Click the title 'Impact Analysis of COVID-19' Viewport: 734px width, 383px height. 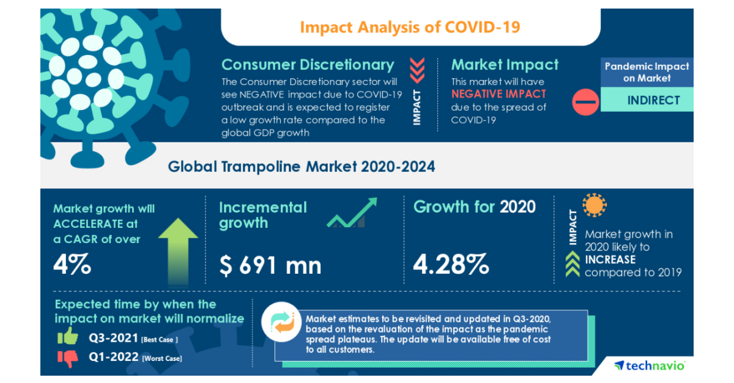(410, 27)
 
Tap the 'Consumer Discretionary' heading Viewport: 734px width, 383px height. (308, 65)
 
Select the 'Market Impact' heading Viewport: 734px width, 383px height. (505, 65)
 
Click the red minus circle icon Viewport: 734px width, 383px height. (585, 101)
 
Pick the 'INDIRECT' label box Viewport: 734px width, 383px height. (653, 100)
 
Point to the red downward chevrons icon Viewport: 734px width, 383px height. (417, 70)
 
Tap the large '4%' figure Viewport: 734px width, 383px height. (72, 264)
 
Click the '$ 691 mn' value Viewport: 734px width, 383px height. (270, 265)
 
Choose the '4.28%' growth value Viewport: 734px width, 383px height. (451, 264)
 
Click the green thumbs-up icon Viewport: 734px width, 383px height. (67, 336)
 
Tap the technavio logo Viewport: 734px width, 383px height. (650, 365)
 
